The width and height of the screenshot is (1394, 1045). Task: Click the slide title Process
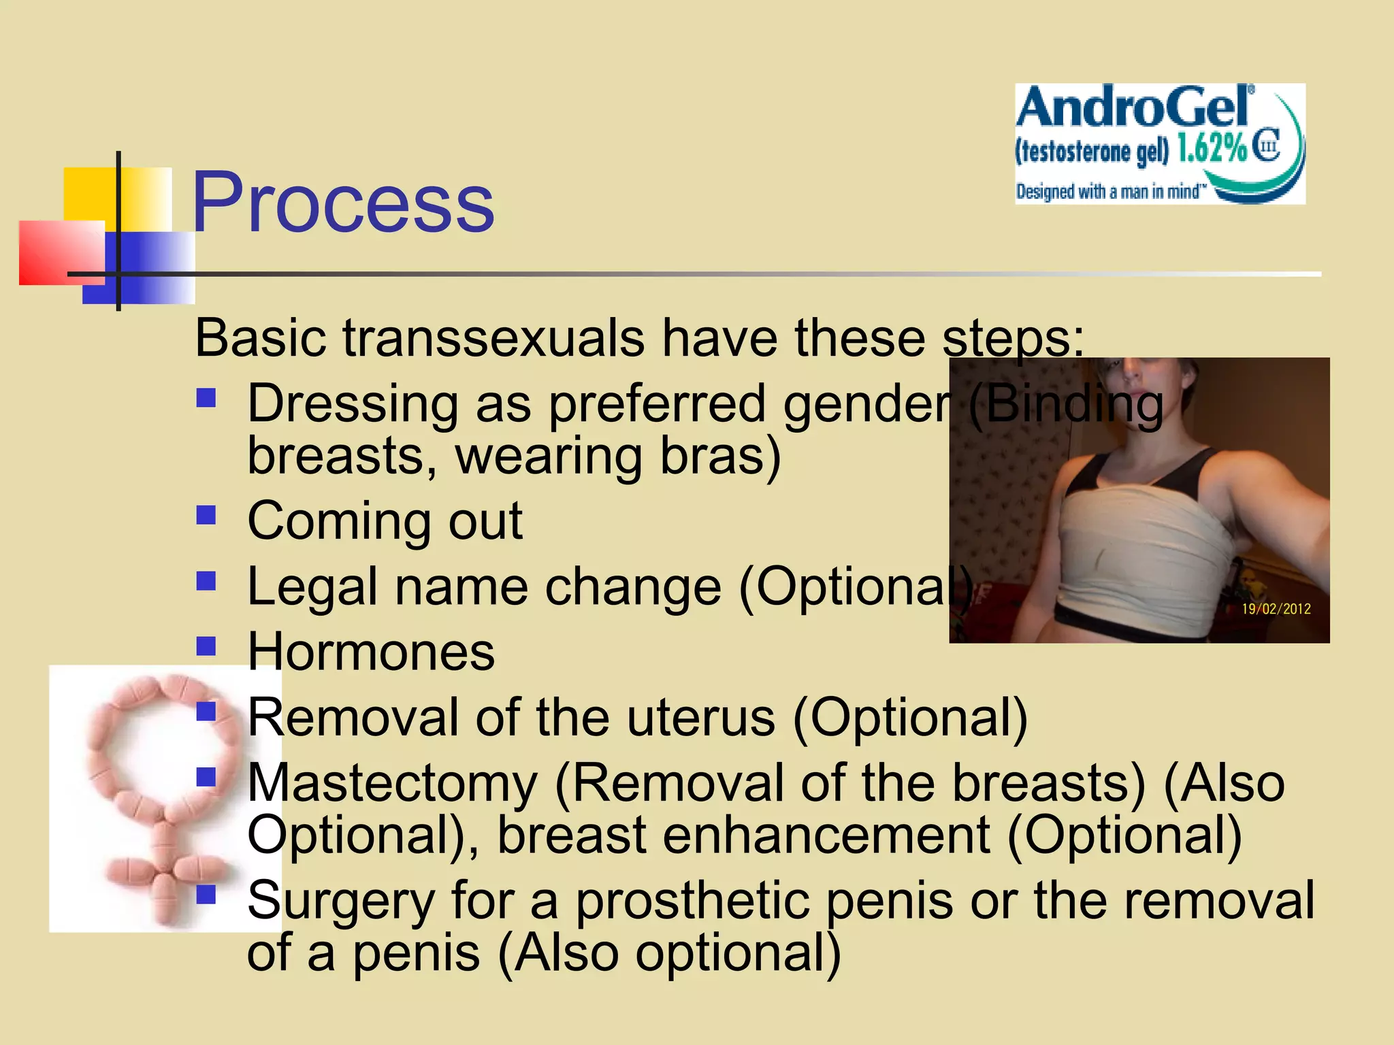(343, 203)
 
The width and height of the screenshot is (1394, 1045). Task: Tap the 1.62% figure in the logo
(1212, 148)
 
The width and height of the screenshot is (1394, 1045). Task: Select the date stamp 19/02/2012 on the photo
(1276, 609)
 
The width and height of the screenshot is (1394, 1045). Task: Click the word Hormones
(371, 652)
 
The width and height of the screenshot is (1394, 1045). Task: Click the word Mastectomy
(393, 783)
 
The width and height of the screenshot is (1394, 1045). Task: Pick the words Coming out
(385, 521)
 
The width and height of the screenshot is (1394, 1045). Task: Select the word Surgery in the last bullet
(340, 900)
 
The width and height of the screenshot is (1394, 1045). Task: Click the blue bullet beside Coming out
(206, 515)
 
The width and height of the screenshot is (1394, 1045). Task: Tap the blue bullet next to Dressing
(206, 397)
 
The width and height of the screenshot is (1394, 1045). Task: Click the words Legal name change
(484, 586)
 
